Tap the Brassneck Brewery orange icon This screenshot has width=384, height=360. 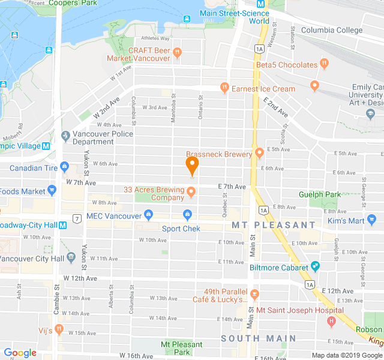pyautogui.click(x=259, y=154)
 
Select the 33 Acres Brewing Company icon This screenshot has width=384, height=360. pyautogui.click(x=191, y=192)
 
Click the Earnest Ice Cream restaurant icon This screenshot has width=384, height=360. pyautogui.click(x=224, y=88)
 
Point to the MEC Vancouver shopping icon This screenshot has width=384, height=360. pyautogui.click(x=148, y=215)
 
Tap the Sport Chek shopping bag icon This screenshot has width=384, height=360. pyautogui.click(x=187, y=215)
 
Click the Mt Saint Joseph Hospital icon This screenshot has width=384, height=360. pyautogui.click(x=331, y=322)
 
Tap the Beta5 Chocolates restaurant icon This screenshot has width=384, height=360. pyautogui.click(x=324, y=64)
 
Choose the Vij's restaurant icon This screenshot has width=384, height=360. pyautogui.click(x=58, y=329)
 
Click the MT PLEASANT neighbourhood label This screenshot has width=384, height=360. pyautogui.click(x=273, y=225)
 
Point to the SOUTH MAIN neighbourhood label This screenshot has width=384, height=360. pyautogui.click(x=259, y=338)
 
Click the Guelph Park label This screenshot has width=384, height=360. pyautogui.click(x=320, y=194)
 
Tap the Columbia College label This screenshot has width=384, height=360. pyautogui.click(x=332, y=30)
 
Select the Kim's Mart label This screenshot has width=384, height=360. pyautogui.click(x=347, y=221)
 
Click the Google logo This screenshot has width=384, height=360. pyautogui.click(x=20, y=353)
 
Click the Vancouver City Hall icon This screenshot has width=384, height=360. pyautogui.click(x=71, y=257)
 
